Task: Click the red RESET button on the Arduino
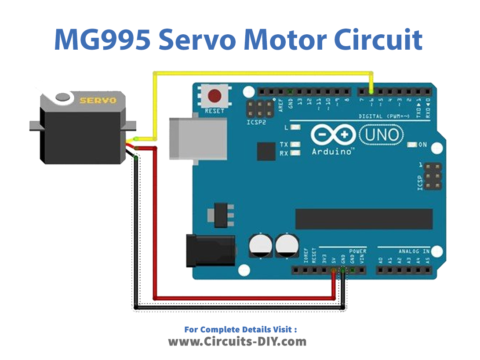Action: tap(214, 97)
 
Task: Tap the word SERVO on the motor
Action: tap(98, 100)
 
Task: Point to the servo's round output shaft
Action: tap(62, 99)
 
